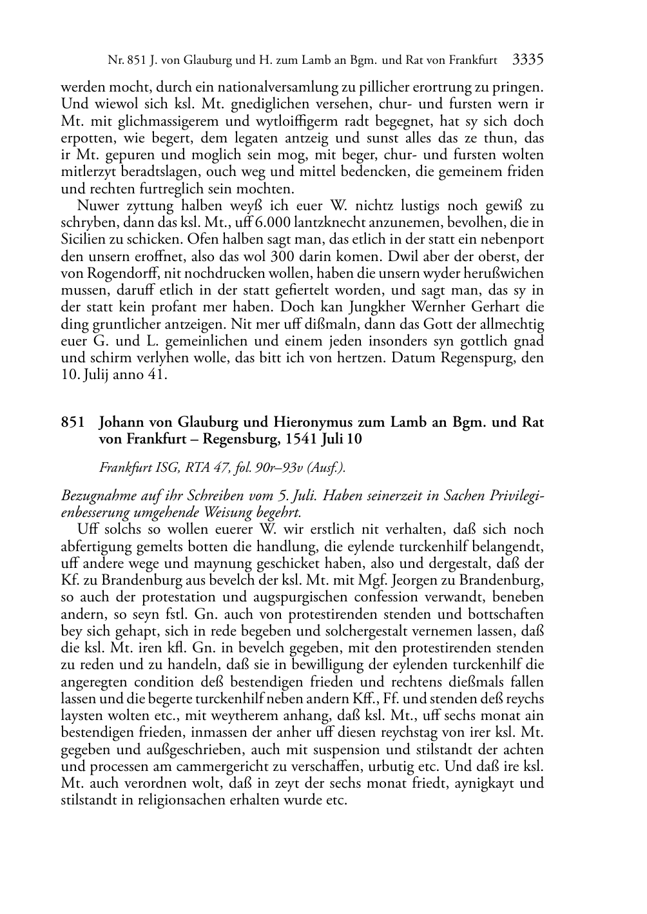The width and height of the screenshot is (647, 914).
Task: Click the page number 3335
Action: (x=528, y=60)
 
